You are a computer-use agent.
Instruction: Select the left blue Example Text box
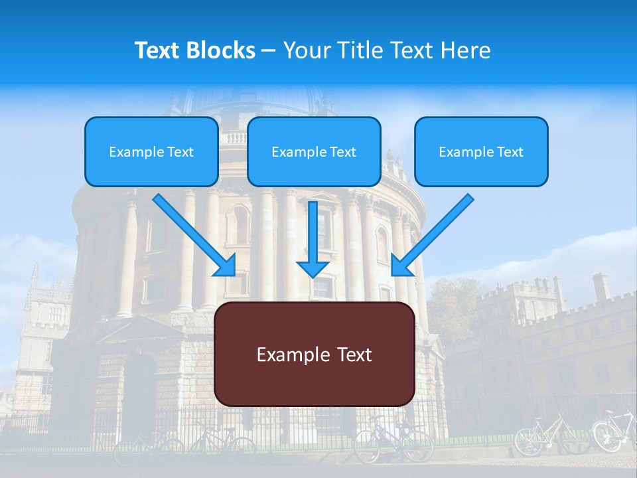point(151,151)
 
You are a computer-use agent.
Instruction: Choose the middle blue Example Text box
point(314,151)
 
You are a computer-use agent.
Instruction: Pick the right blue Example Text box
point(481,151)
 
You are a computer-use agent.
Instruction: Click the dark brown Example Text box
point(315,354)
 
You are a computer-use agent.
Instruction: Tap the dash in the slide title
point(269,50)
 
